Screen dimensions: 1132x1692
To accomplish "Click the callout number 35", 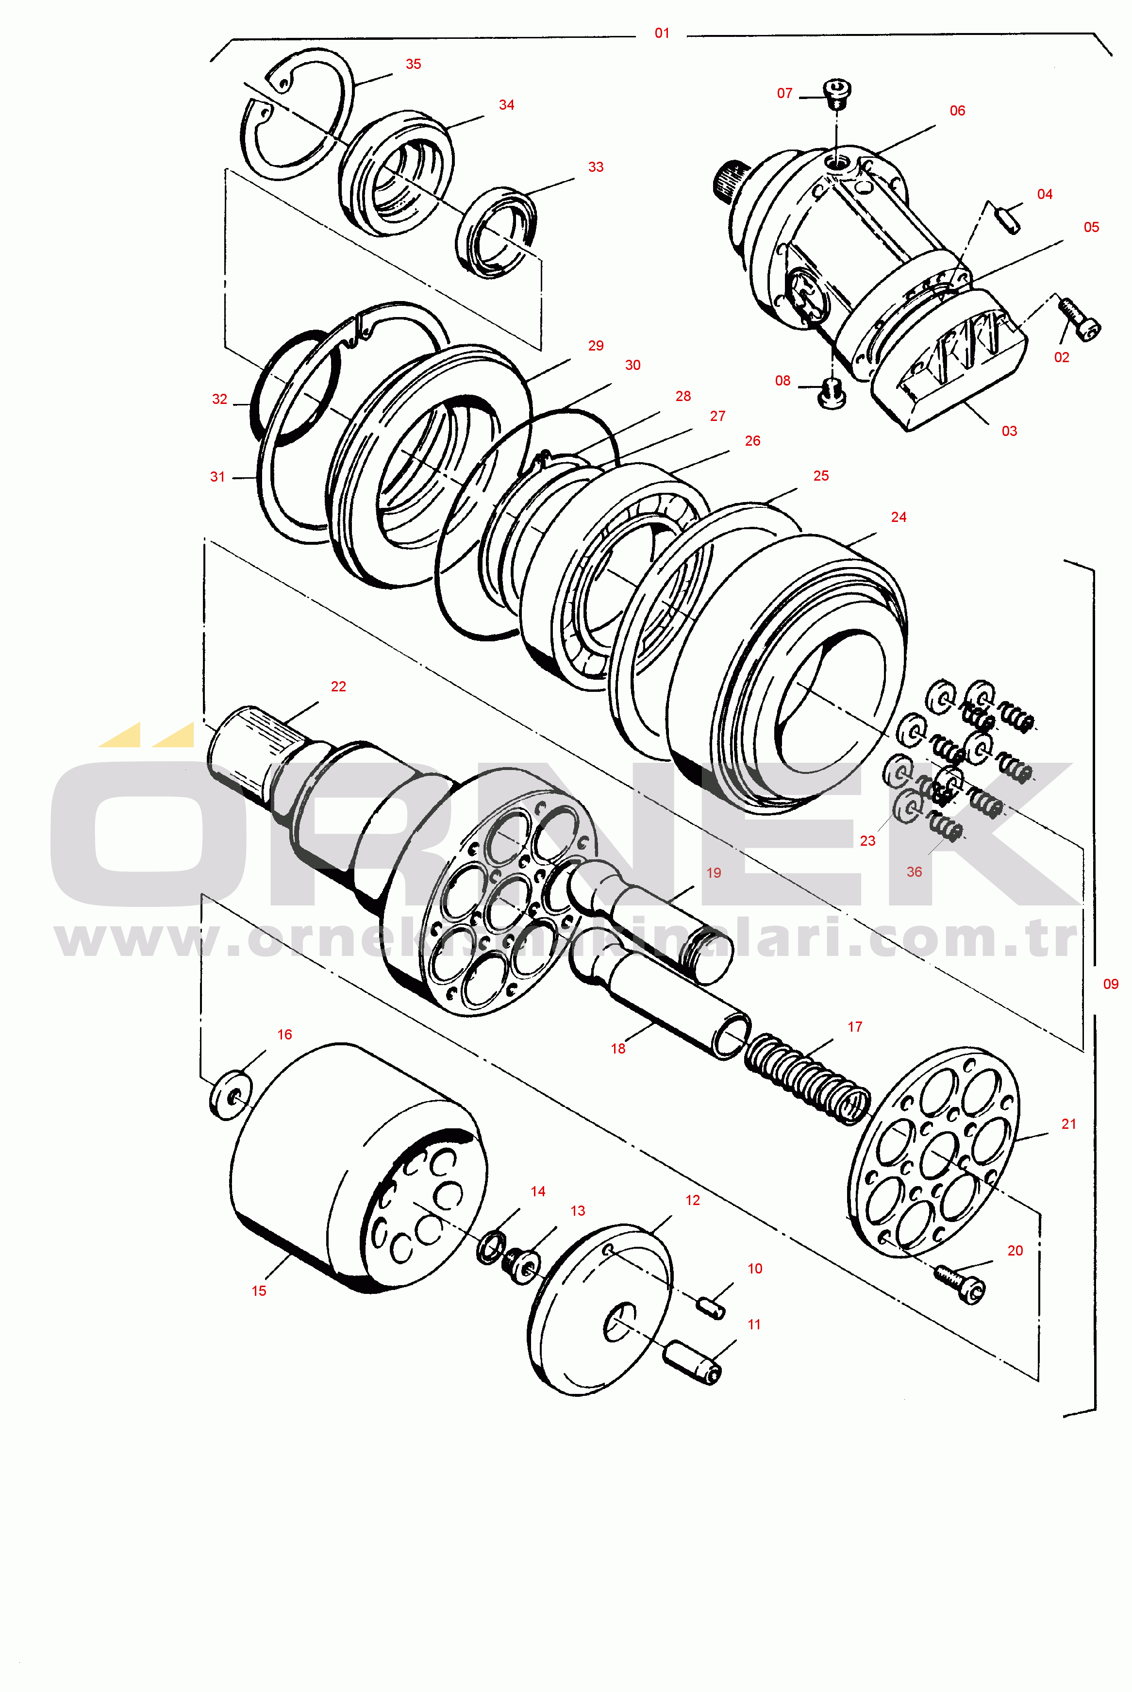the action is tap(413, 64).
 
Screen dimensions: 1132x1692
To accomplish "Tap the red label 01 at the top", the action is tap(662, 33).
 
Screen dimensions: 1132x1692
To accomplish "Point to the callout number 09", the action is tap(1110, 984).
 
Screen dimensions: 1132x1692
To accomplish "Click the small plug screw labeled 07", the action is tap(837, 93).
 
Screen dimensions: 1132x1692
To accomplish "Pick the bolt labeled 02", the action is tap(1079, 319).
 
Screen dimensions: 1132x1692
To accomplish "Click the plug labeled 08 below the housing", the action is tap(832, 393).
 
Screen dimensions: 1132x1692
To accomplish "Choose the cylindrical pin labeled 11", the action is tap(692, 1361).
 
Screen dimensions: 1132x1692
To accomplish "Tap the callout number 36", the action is tap(914, 872).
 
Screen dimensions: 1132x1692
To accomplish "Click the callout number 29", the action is tap(596, 346).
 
